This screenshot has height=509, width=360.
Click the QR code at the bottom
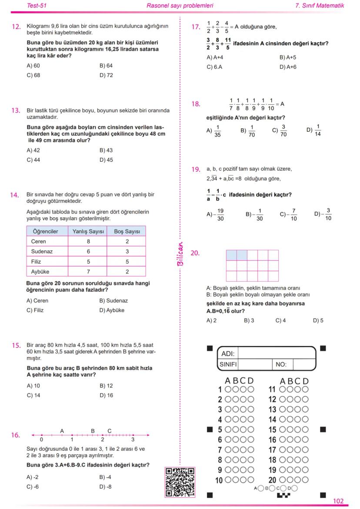[180, 482]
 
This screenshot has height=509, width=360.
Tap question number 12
[16, 27]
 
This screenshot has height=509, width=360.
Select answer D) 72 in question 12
[106, 75]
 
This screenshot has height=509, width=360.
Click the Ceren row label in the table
[39, 241]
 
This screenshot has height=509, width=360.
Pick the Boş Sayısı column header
[127, 231]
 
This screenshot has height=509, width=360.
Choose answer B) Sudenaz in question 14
[113, 300]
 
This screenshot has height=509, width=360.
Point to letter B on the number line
[93, 431]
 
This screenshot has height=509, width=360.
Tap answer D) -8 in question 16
[106, 486]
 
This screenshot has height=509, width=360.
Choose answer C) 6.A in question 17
[215, 67]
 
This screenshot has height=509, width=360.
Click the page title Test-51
[37, 6]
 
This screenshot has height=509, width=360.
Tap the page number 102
[338, 501]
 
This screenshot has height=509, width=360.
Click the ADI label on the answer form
[228, 353]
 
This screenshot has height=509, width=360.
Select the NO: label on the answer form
[281, 365]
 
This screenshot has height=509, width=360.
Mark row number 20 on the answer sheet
[272, 480]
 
